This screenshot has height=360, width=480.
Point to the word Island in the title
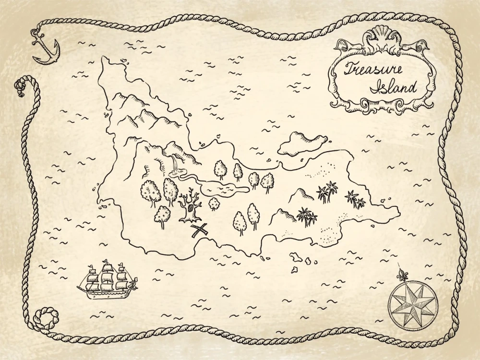click(394, 87)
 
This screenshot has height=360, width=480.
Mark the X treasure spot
click(199, 230)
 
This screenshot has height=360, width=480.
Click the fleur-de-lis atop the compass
click(402, 275)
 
